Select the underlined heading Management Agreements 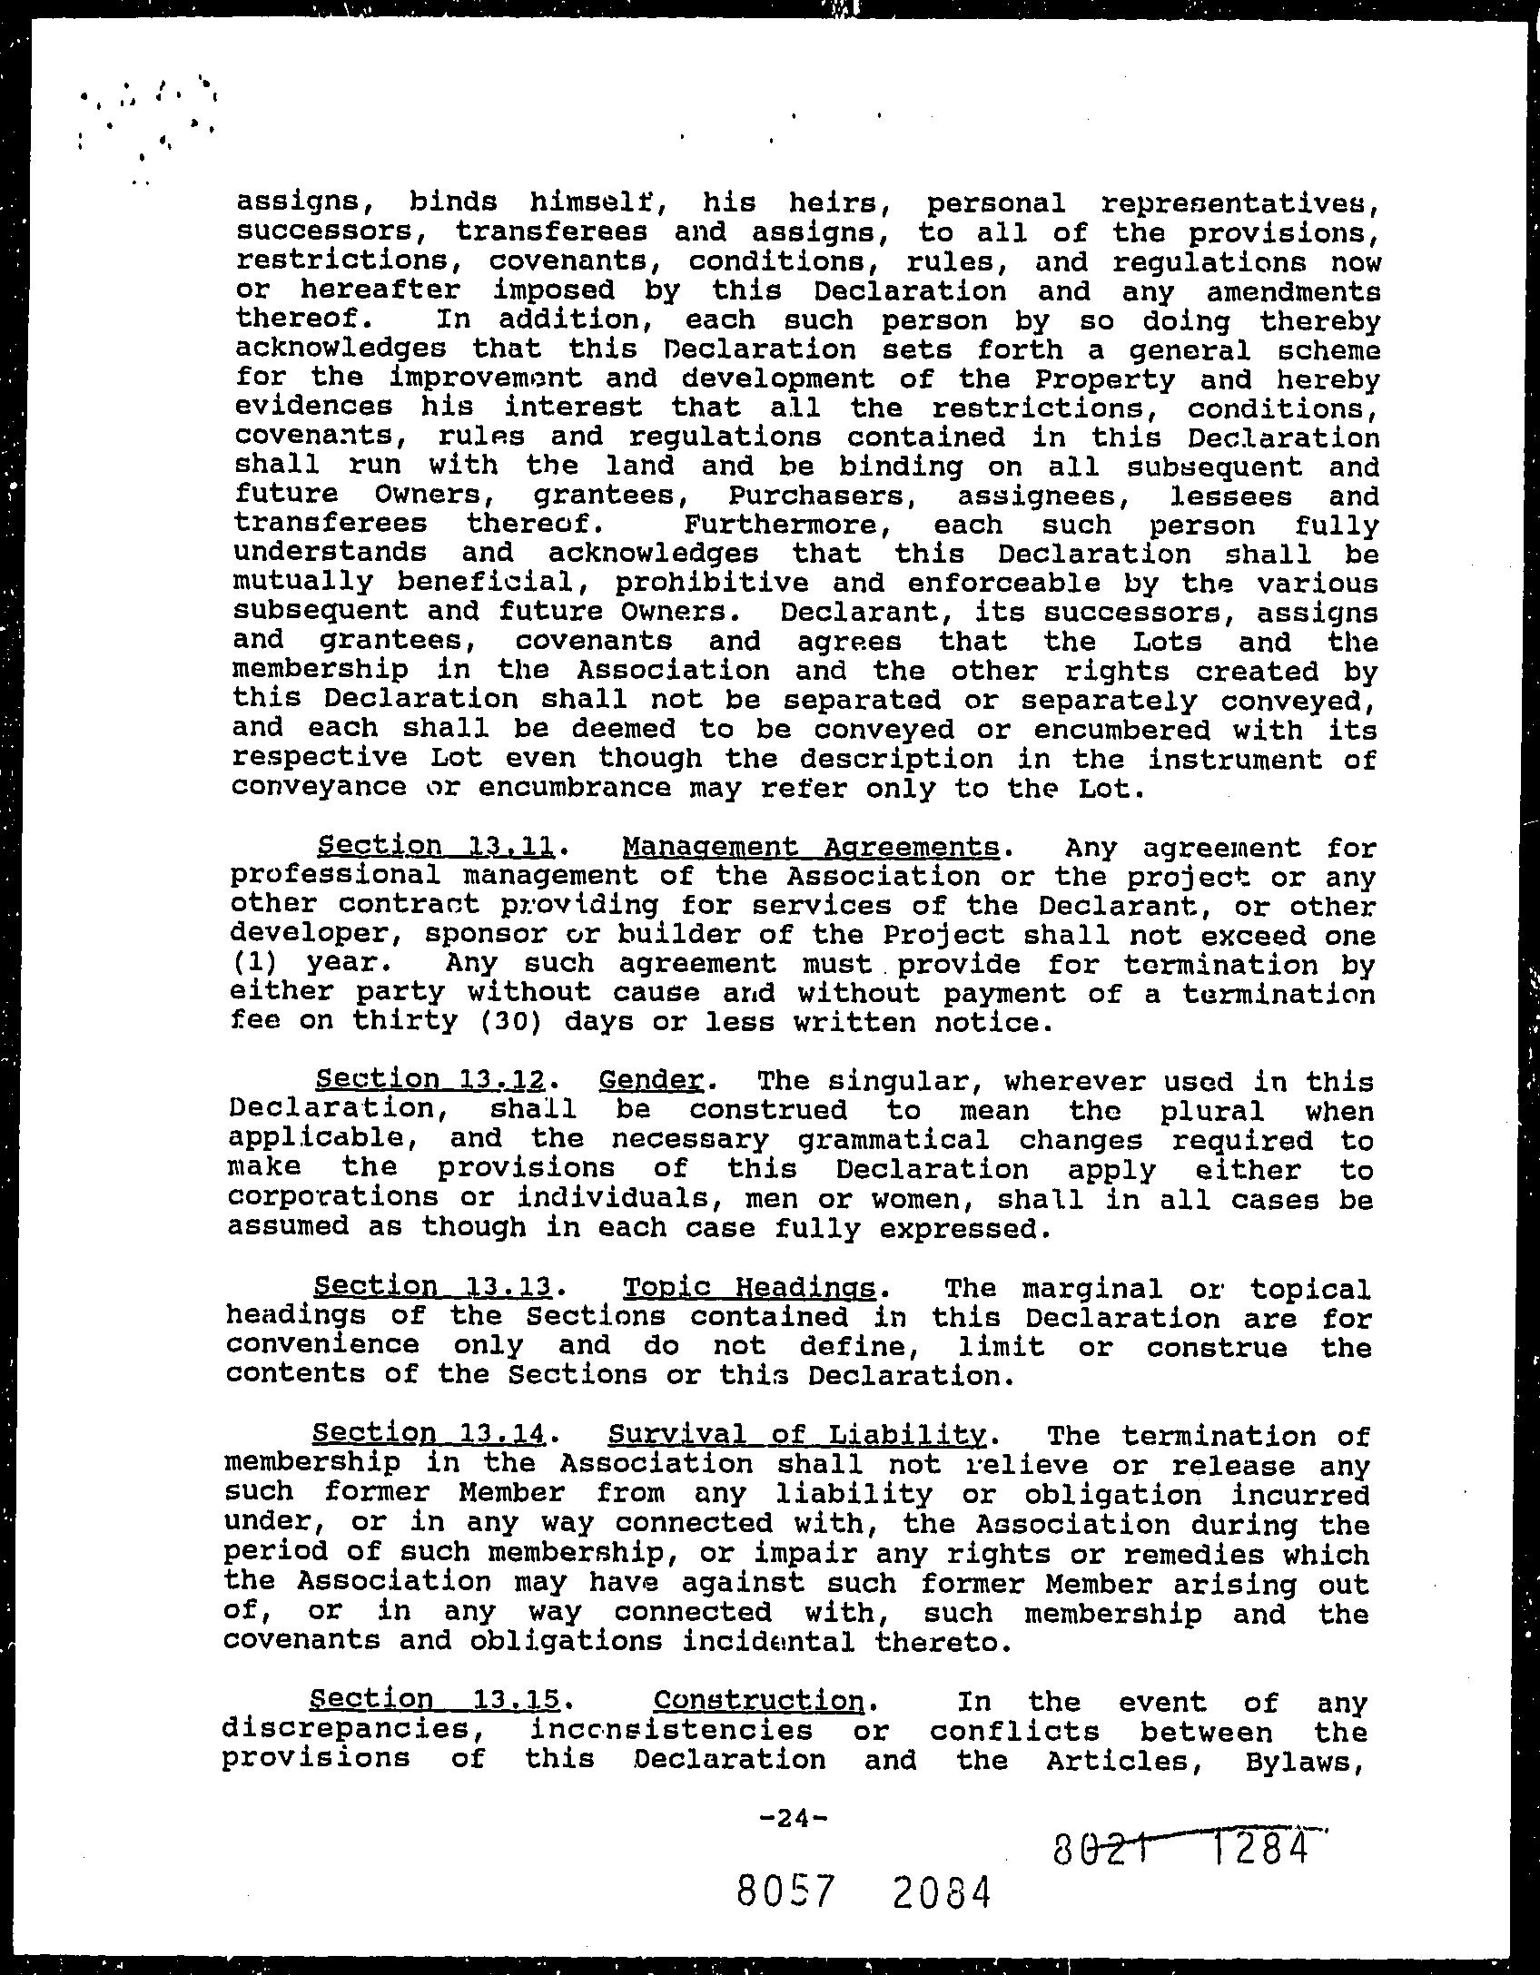tap(811, 847)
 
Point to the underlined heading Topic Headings tap(749, 1287)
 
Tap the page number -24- tap(793, 1818)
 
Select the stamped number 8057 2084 tap(863, 1892)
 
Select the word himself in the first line tap(590, 201)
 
